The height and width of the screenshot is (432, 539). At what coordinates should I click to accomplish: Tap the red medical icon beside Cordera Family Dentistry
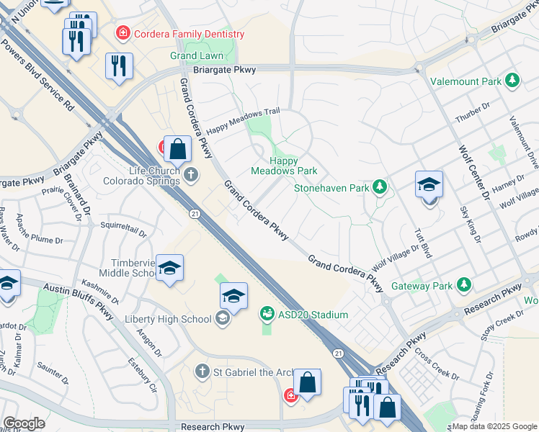[x=123, y=32]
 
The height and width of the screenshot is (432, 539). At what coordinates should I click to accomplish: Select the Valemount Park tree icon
[x=512, y=81]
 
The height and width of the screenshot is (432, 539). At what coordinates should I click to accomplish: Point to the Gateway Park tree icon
[x=465, y=285]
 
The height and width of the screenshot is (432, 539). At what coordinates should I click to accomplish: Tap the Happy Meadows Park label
[x=284, y=166]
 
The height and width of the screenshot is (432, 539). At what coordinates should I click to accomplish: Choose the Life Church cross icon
[x=191, y=174]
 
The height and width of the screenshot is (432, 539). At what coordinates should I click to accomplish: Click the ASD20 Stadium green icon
[x=266, y=314]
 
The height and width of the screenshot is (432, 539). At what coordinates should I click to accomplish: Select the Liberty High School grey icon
[x=223, y=318]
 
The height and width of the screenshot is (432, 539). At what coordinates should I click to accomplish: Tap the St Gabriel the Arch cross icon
[x=202, y=371]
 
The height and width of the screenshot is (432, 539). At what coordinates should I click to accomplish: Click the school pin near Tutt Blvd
[x=429, y=186]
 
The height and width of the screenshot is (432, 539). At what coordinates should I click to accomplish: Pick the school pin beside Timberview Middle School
[x=169, y=269]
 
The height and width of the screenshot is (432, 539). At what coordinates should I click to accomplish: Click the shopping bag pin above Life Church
[x=177, y=150]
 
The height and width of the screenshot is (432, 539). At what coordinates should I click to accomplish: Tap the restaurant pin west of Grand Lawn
[x=119, y=66]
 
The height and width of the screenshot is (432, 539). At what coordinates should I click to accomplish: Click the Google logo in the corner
[x=24, y=423]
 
